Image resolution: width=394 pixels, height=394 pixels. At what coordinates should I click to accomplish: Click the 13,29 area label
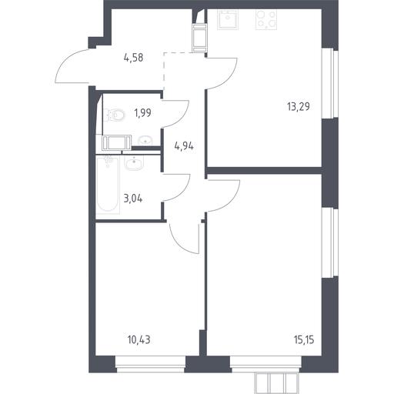point(299,106)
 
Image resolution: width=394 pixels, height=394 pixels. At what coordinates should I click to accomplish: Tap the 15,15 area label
point(304,340)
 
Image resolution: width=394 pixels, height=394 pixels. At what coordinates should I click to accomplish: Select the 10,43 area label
point(139,340)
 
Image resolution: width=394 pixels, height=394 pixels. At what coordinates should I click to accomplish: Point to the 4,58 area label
point(133,58)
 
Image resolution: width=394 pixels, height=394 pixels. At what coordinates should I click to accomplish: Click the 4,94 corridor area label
point(184,146)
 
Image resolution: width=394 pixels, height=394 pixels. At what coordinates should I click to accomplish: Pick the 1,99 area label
point(142,112)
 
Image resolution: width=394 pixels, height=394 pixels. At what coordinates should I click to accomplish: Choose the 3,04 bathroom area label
point(133,199)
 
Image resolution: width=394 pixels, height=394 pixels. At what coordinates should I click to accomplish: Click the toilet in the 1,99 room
point(115,115)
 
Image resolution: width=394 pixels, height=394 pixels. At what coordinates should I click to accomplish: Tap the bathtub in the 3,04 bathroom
point(108,185)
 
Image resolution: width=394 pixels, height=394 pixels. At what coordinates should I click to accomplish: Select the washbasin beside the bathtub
point(134,162)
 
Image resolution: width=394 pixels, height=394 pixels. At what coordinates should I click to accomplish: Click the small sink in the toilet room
point(145,140)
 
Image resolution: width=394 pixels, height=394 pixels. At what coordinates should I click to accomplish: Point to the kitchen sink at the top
point(228,19)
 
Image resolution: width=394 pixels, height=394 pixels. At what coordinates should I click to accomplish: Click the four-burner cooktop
point(266,19)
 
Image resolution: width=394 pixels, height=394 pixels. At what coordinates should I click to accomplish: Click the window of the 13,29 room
point(330,83)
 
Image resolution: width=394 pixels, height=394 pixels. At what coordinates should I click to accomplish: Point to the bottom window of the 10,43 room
point(150,364)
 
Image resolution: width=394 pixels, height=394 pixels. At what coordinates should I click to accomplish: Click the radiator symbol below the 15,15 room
point(277,382)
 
